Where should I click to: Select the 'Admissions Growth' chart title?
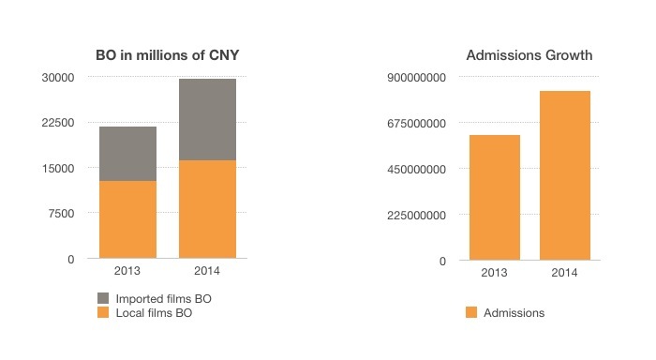click(529, 55)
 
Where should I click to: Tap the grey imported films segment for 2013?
click(127, 153)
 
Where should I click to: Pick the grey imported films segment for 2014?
click(207, 119)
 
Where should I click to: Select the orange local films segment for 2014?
click(207, 209)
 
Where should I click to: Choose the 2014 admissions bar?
click(564, 175)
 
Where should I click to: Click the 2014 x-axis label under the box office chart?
click(207, 272)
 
